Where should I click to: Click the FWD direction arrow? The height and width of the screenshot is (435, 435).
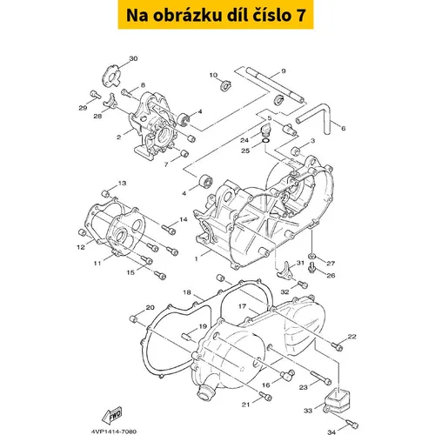click(x=112, y=415)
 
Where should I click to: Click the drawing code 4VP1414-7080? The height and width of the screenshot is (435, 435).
click(x=114, y=432)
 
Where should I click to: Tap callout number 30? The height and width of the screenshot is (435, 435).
click(x=133, y=58)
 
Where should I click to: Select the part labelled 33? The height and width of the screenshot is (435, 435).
click(x=338, y=398)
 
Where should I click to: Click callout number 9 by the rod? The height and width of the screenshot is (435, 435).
click(x=284, y=71)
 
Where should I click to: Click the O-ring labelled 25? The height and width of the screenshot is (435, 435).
click(x=265, y=141)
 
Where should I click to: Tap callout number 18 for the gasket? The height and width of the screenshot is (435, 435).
click(x=187, y=292)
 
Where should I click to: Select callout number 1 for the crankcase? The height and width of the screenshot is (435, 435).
click(x=197, y=258)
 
